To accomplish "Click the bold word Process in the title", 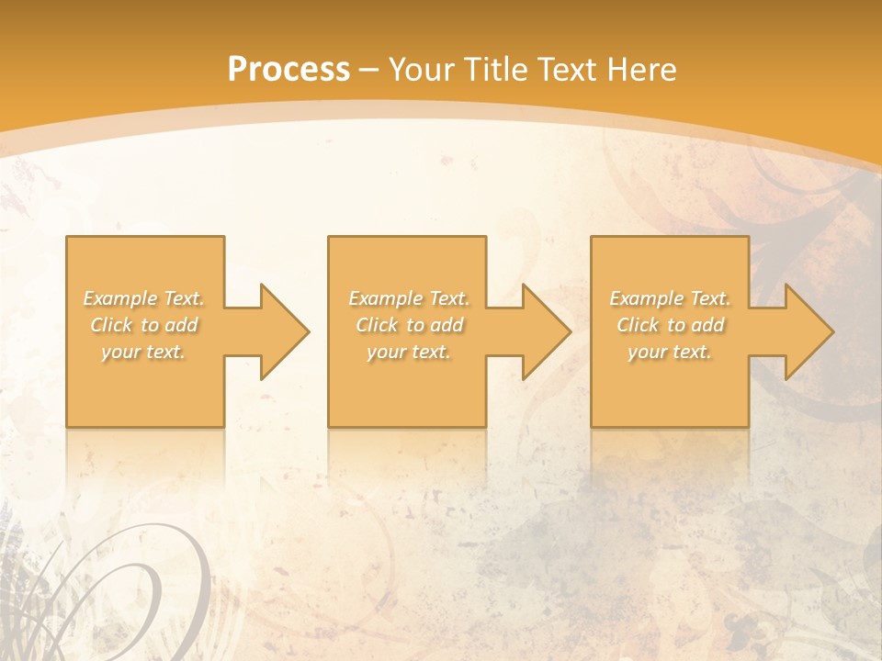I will (x=288, y=70).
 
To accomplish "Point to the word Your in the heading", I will (x=422, y=70).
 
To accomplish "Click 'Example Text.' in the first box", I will (x=143, y=298).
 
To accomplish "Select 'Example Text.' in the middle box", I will (x=409, y=298).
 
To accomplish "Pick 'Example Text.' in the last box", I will (x=670, y=298).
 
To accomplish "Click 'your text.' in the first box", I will (x=143, y=352).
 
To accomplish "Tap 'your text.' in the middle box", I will (x=409, y=352).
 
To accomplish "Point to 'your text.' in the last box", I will (x=670, y=352).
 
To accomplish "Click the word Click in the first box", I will (x=111, y=325).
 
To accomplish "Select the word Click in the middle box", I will (x=377, y=325).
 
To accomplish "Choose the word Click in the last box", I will (x=638, y=325).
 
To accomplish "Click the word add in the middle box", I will (x=447, y=325).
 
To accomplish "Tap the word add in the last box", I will (x=707, y=325).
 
